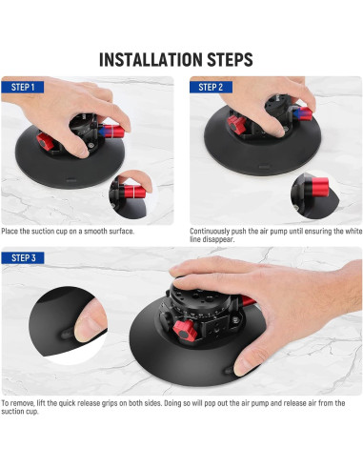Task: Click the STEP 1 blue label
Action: (23, 87)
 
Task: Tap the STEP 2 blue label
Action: (211, 87)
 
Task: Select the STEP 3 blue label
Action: (23, 257)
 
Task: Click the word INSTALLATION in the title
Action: (151, 59)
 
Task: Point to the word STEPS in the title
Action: (230, 59)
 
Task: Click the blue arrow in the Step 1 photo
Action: (102, 131)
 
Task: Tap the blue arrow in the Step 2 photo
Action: (297, 113)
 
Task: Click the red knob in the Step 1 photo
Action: (44, 141)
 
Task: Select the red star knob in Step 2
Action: (236, 125)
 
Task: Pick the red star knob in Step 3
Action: (185, 331)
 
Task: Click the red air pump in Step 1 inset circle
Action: (134, 192)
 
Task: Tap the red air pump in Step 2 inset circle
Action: (319, 187)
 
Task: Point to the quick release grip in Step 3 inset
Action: (68, 334)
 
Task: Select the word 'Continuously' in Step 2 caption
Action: (210, 232)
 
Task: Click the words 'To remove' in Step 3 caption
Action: (18, 403)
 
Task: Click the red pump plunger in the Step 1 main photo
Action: (111, 131)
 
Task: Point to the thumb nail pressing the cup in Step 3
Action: (242, 365)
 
